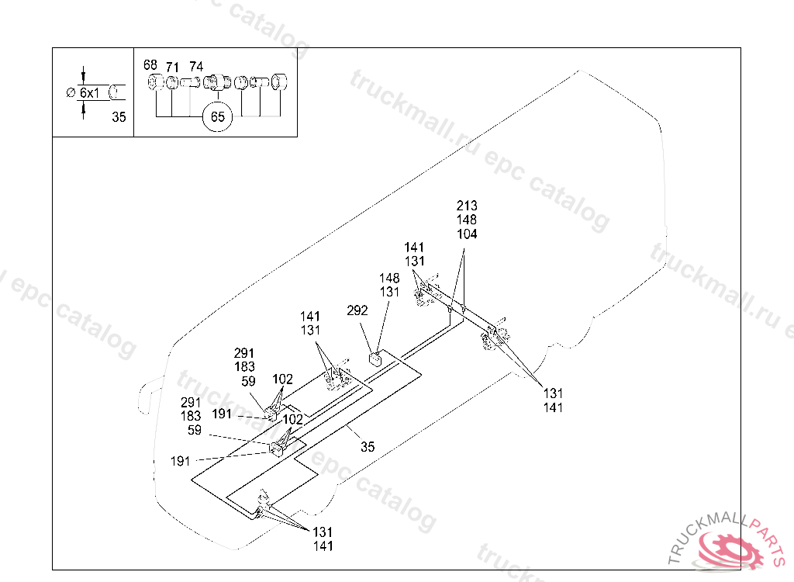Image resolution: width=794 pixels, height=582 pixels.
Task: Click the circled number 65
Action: [217, 118]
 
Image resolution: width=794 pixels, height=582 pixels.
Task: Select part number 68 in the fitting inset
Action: [150, 66]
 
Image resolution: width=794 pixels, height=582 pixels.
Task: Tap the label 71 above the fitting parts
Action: [172, 68]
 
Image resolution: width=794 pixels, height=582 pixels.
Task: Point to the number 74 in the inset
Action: [196, 67]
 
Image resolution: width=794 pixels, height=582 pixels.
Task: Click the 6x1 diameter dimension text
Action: [90, 92]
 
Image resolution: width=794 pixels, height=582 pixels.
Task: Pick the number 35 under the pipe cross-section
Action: [119, 117]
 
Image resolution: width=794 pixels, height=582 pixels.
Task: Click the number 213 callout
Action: [467, 206]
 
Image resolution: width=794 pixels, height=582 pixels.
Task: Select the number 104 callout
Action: [467, 234]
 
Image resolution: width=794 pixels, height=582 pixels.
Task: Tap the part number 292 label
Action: [357, 310]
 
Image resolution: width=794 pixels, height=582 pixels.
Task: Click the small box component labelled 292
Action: [375, 358]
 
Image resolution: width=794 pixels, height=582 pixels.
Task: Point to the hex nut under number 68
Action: [154, 82]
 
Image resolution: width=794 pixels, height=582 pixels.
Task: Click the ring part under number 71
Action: [171, 82]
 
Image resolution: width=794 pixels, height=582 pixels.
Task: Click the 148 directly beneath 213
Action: [467, 220]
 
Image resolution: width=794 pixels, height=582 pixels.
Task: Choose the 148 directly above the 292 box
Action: [389, 278]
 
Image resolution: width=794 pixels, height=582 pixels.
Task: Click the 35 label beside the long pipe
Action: [368, 447]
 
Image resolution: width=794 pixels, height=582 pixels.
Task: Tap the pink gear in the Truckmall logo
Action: [729, 549]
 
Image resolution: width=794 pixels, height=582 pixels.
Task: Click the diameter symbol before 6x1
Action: [71, 92]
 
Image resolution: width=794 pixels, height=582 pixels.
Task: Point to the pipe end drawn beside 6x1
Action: [116, 92]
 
